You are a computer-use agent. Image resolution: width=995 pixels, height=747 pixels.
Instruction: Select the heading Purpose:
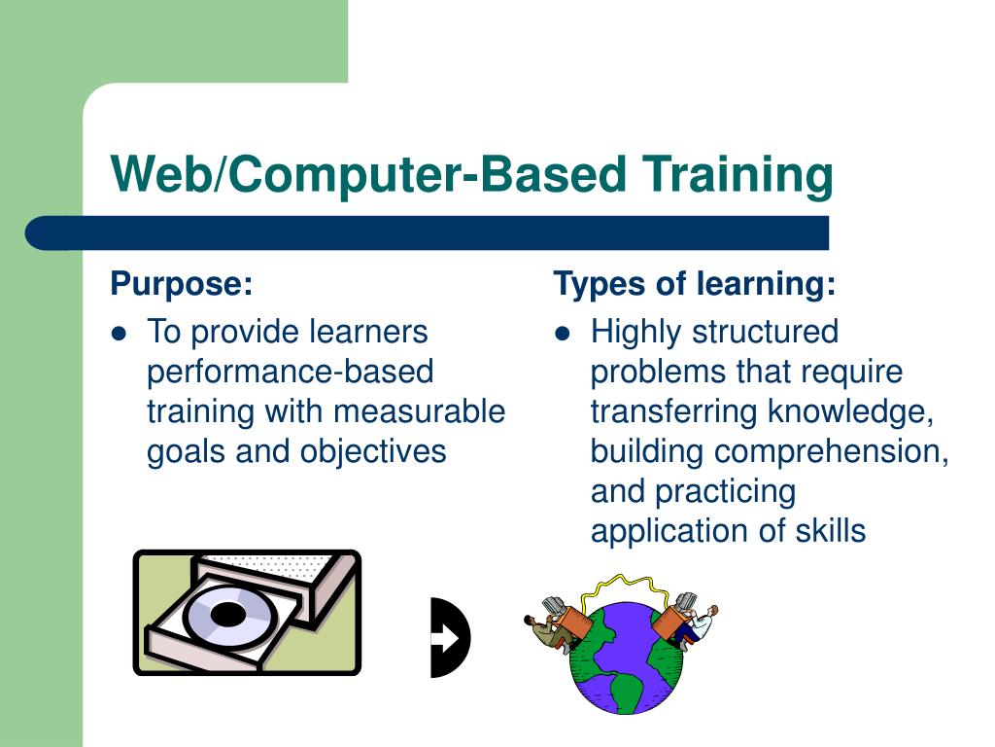182,285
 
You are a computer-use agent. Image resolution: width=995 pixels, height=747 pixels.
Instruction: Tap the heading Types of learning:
694,285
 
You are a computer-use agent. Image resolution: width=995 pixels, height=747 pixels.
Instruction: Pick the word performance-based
290,372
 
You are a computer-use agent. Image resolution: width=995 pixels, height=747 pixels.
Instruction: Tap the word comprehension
831,451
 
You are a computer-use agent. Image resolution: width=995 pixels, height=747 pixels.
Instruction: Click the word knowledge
850,411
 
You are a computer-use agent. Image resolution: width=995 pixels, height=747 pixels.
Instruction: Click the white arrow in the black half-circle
445,638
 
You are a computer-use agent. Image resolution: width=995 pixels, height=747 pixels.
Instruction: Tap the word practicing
725,491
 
